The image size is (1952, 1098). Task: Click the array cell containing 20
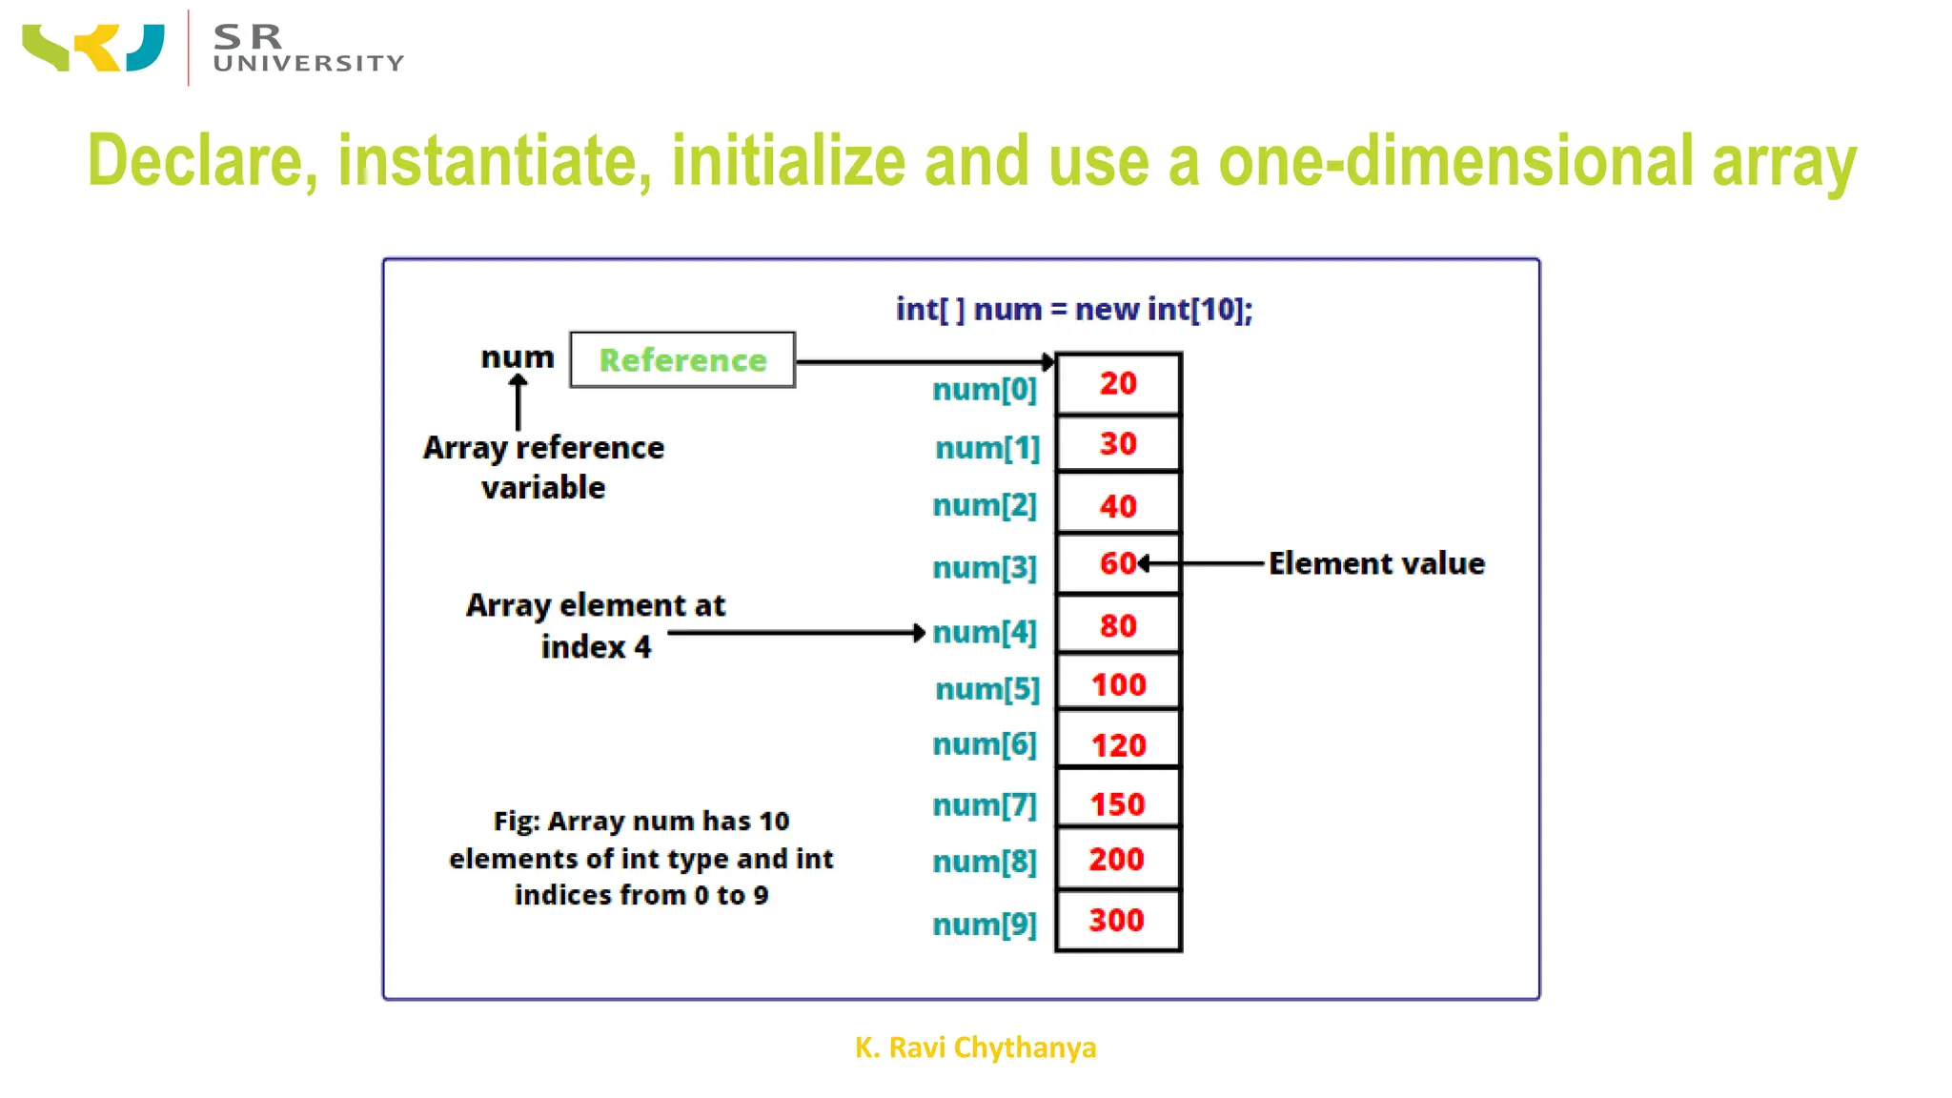(x=1118, y=383)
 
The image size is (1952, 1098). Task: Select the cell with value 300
(x=1117, y=920)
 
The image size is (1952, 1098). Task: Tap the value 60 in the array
(x=1117, y=563)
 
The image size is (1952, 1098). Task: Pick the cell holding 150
(x=1117, y=803)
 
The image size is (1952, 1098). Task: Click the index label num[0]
(x=984, y=389)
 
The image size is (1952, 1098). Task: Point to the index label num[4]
(x=984, y=632)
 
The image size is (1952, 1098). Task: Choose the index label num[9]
(x=984, y=924)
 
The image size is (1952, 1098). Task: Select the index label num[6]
(x=984, y=743)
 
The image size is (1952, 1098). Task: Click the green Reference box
(x=682, y=359)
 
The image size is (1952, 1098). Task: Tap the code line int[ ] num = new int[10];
(x=1074, y=309)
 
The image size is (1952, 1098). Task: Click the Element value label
(x=1376, y=563)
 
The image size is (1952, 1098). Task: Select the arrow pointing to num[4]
(x=796, y=632)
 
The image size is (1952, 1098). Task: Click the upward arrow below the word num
(x=518, y=402)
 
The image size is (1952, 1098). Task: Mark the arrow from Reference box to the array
(x=925, y=362)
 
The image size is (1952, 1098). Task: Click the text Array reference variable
(x=543, y=467)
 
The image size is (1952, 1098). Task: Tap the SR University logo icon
(x=93, y=48)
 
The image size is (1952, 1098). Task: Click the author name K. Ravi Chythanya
(x=975, y=1047)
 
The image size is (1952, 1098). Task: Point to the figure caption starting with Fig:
(x=640, y=858)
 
